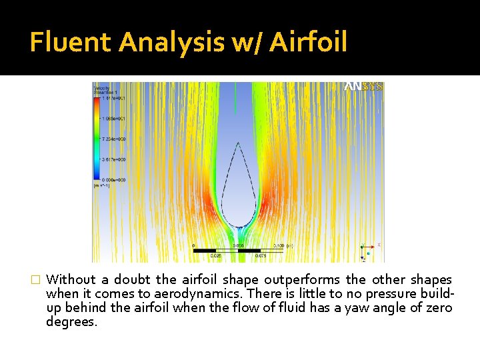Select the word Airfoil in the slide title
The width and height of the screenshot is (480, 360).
coord(309,43)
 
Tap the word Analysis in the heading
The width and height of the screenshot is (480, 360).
coord(172,43)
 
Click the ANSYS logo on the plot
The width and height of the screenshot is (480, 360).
coord(363,87)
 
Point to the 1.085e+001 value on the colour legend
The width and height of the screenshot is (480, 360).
coord(112,118)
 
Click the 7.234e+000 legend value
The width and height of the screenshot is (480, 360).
coord(112,139)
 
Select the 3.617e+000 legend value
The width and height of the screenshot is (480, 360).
coord(112,159)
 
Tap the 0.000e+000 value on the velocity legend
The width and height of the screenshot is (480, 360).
coord(112,180)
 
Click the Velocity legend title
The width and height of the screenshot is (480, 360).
coord(101,88)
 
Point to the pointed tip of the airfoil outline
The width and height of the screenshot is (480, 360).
coord(238,143)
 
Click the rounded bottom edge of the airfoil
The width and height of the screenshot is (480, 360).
coord(238,226)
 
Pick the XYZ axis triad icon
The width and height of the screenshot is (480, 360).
coord(369,249)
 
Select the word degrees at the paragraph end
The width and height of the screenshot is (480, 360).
coord(71,322)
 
